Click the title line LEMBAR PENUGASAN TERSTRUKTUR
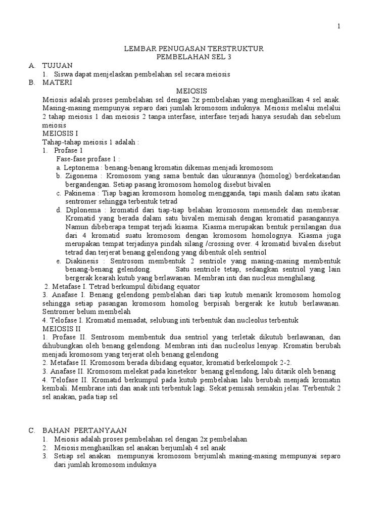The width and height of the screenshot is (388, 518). [x=194, y=49]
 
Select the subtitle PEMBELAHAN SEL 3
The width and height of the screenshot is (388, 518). [x=194, y=57]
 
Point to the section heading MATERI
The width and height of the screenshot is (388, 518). [x=57, y=82]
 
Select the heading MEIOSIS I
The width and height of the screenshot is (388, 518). [x=61, y=134]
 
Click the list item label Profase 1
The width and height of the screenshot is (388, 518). [x=69, y=151]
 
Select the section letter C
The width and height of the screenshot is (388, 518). [x=31, y=430]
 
